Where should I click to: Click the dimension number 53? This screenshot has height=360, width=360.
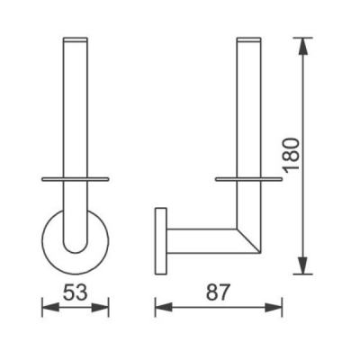click(x=75, y=292)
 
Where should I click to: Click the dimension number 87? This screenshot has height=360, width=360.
click(x=218, y=292)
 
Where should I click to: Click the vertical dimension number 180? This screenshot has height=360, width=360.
click(x=292, y=156)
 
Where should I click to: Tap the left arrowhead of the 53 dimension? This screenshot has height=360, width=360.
click(x=50, y=307)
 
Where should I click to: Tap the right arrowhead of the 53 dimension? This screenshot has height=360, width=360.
click(x=100, y=307)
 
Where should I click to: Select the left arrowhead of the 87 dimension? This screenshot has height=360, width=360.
click(x=164, y=307)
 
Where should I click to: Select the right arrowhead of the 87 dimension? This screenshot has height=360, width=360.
click(x=274, y=307)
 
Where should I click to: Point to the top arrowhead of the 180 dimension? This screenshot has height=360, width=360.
click(x=303, y=47)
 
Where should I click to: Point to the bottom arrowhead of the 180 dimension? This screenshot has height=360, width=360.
click(x=303, y=265)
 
